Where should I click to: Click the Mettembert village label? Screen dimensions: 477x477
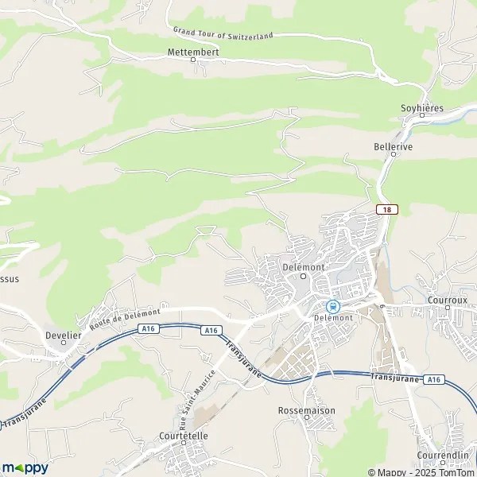click(193, 52)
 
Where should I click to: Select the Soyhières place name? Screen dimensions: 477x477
click(422, 108)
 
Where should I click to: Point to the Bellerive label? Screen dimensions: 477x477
click(393, 147)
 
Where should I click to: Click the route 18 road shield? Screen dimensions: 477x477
click(386, 208)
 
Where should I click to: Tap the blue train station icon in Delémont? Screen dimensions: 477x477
click(332, 306)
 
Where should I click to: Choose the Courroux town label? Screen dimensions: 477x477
click(448, 291)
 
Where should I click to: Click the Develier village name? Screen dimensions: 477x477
click(64, 335)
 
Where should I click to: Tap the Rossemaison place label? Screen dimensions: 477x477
click(307, 410)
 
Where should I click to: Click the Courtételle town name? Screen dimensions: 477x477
click(183, 436)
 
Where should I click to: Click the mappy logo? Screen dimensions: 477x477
click(25, 467)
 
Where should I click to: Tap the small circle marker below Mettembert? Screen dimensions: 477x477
click(192, 60)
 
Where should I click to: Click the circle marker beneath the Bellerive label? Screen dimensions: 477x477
click(393, 155)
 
